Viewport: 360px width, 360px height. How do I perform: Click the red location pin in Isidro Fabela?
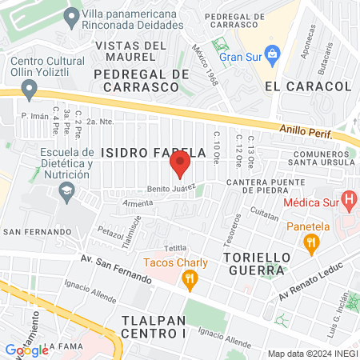(180, 165)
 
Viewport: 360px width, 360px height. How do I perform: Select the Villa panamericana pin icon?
(72, 15)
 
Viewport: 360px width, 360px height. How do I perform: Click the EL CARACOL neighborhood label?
(296, 85)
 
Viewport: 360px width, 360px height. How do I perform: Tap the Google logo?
(26, 350)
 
